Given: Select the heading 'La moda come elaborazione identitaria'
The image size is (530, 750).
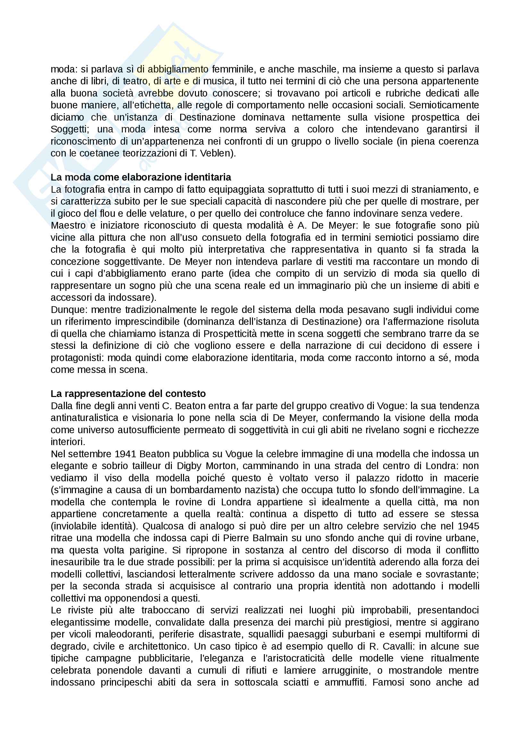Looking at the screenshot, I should point(141,177).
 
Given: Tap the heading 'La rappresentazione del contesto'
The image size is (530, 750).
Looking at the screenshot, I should point(128,394).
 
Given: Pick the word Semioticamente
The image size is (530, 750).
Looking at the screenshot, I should point(444,105).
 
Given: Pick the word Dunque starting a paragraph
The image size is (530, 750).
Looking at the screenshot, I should point(69,310).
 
